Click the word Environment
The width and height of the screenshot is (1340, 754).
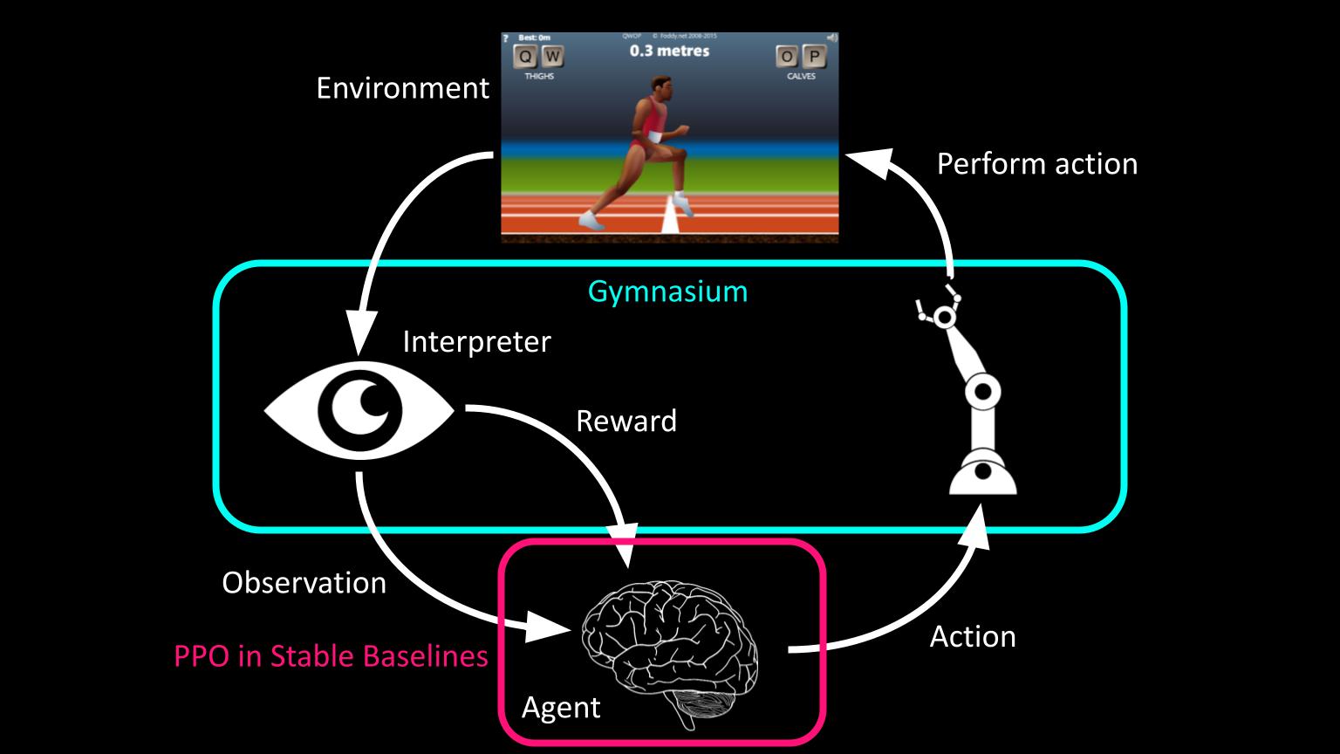(x=402, y=88)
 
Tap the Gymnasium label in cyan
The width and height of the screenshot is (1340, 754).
(x=667, y=291)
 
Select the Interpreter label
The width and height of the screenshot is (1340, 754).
(x=476, y=341)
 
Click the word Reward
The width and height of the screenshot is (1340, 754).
(x=626, y=421)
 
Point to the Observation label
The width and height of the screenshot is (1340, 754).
(x=304, y=583)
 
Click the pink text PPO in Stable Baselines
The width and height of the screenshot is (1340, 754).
(x=331, y=655)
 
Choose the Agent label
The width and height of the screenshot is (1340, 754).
(x=560, y=707)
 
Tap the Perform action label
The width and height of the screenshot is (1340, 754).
(x=1036, y=164)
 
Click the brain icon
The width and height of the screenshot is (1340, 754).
(x=670, y=646)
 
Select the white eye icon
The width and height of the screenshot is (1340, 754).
(x=359, y=408)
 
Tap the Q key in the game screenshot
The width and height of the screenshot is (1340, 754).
(x=525, y=58)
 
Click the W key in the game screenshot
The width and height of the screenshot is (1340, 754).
(x=552, y=58)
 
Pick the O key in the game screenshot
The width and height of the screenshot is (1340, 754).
(x=788, y=58)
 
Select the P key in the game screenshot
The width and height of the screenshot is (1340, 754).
(x=814, y=58)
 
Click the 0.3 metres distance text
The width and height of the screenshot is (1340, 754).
(x=669, y=51)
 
